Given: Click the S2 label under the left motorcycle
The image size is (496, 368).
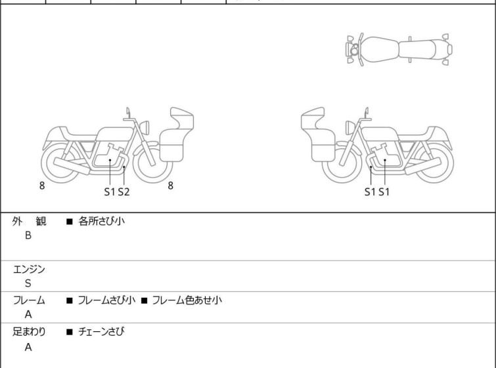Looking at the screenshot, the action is (x=124, y=192).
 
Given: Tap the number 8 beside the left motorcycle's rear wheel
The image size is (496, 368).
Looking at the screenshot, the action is (x=42, y=186).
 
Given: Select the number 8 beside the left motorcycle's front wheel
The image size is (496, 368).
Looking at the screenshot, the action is (x=171, y=186).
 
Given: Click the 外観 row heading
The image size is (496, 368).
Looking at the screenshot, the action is (x=29, y=222).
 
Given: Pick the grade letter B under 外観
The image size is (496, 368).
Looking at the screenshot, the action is (x=28, y=235).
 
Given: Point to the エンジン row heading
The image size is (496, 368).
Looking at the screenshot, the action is (x=29, y=269).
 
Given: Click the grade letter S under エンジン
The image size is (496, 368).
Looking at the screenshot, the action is (x=28, y=283).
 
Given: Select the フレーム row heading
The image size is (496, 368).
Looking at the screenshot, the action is (x=29, y=300).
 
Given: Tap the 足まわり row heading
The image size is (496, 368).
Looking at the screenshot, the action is (x=29, y=332).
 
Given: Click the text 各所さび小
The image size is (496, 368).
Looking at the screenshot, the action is (x=102, y=221).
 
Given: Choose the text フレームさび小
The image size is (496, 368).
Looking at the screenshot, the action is (x=106, y=300).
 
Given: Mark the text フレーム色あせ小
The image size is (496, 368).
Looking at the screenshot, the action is (x=187, y=300).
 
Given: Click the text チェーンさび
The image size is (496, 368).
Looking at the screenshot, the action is (x=101, y=332).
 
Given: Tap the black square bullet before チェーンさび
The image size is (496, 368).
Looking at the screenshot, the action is (x=70, y=332).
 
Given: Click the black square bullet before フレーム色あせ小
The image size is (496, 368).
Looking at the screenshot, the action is (x=145, y=300).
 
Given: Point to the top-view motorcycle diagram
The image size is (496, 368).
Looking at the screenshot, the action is (x=399, y=50).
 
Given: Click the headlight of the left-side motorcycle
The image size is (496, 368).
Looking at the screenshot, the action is (x=145, y=127).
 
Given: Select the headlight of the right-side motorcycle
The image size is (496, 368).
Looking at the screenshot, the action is (x=350, y=127).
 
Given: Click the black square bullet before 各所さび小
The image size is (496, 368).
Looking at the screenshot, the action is (x=70, y=222).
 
